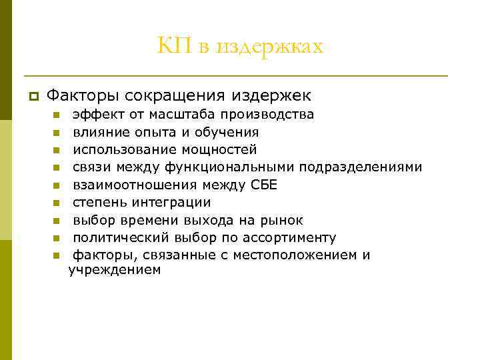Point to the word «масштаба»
[x=179, y=115]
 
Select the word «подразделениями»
[x=361, y=167]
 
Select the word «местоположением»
[x=301, y=255]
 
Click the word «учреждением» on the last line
[x=115, y=270]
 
